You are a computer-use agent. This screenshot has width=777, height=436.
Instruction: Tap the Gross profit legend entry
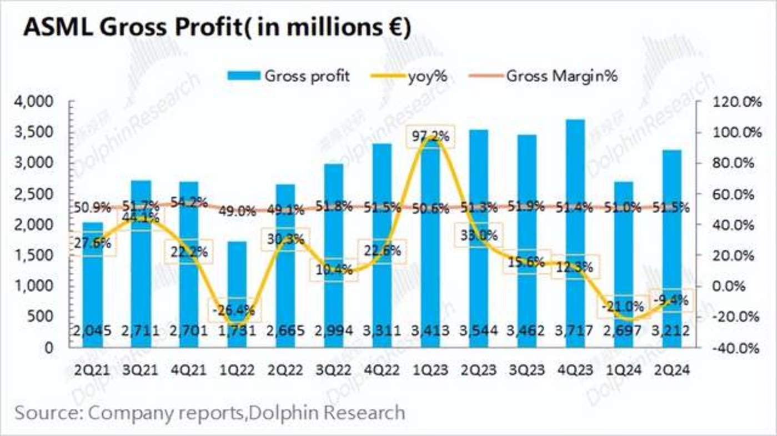tap(288, 76)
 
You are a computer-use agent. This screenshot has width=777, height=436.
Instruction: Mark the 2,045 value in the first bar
tap(92, 331)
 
